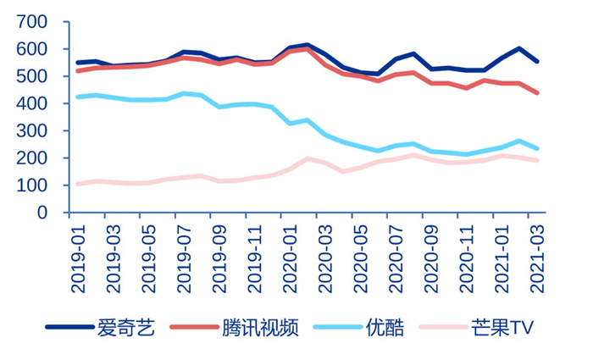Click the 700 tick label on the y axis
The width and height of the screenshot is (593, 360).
click(30, 22)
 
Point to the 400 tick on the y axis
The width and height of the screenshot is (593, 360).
click(30, 103)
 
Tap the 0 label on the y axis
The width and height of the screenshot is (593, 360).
click(42, 213)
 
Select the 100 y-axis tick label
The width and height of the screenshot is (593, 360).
click(30, 186)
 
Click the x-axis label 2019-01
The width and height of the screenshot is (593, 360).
click(79, 258)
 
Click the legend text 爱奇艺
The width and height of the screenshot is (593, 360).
click(126, 328)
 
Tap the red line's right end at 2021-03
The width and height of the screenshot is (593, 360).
click(537, 93)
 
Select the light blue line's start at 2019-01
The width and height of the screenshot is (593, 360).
click(79, 97)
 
